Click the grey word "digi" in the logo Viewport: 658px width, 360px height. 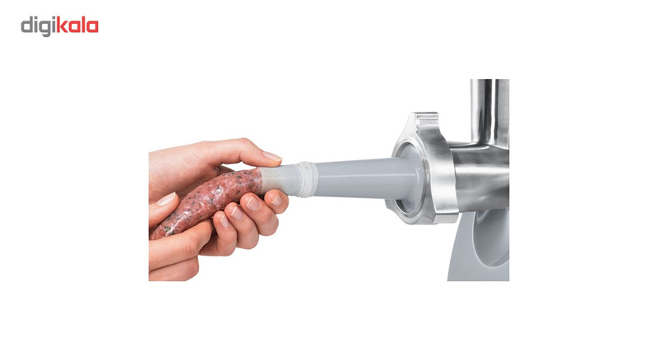(x=38, y=27)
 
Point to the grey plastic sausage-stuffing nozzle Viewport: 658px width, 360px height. (x=357, y=178)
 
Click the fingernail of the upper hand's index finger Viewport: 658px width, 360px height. (x=272, y=156)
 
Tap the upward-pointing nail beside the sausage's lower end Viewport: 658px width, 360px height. (x=166, y=199)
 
